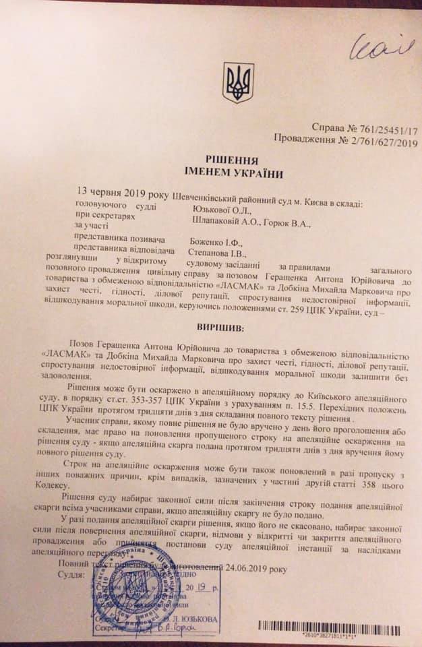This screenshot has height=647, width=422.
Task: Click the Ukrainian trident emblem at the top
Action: pyautogui.click(x=238, y=82)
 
